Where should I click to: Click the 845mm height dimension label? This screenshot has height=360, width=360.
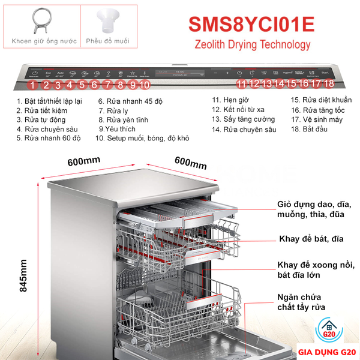coord(24,275)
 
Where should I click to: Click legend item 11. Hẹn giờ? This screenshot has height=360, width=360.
coord(230,100)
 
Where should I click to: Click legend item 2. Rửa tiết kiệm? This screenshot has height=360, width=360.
coord(42,110)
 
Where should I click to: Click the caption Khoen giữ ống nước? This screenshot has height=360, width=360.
coord(40,42)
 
